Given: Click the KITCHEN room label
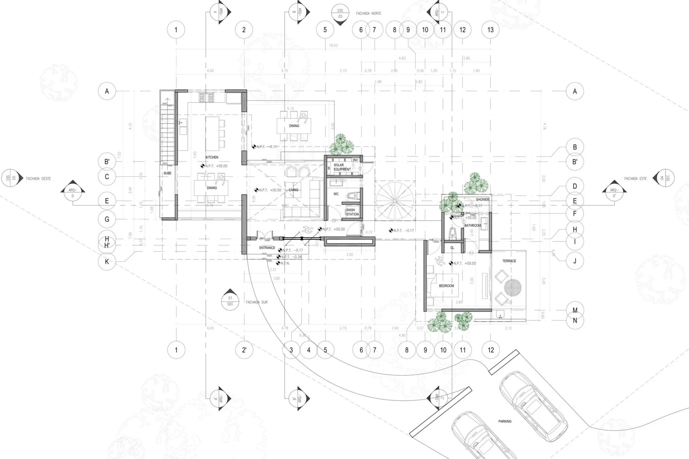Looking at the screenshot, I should click(212, 157).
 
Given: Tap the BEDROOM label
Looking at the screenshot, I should click(446, 286).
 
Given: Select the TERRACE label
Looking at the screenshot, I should click(509, 261).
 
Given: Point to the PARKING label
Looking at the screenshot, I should click(505, 421).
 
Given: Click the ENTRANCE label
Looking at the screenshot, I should click(267, 248).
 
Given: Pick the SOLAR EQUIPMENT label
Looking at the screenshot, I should click(342, 167).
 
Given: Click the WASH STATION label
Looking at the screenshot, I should click(352, 212).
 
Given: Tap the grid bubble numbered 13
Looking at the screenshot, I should click(490, 30).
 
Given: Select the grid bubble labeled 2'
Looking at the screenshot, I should click(244, 350).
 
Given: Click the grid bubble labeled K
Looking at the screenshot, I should click(107, 262).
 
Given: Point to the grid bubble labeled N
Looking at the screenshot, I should click(575, 320).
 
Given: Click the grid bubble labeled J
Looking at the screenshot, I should click(575, 261).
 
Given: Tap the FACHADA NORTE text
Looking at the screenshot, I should click(369, 14).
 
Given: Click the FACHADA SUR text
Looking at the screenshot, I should click(257, 302).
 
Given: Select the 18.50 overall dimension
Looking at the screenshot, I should click(333, 45).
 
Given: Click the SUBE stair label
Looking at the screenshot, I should click(167, 173).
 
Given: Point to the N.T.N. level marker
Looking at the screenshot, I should click(284, 263).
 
